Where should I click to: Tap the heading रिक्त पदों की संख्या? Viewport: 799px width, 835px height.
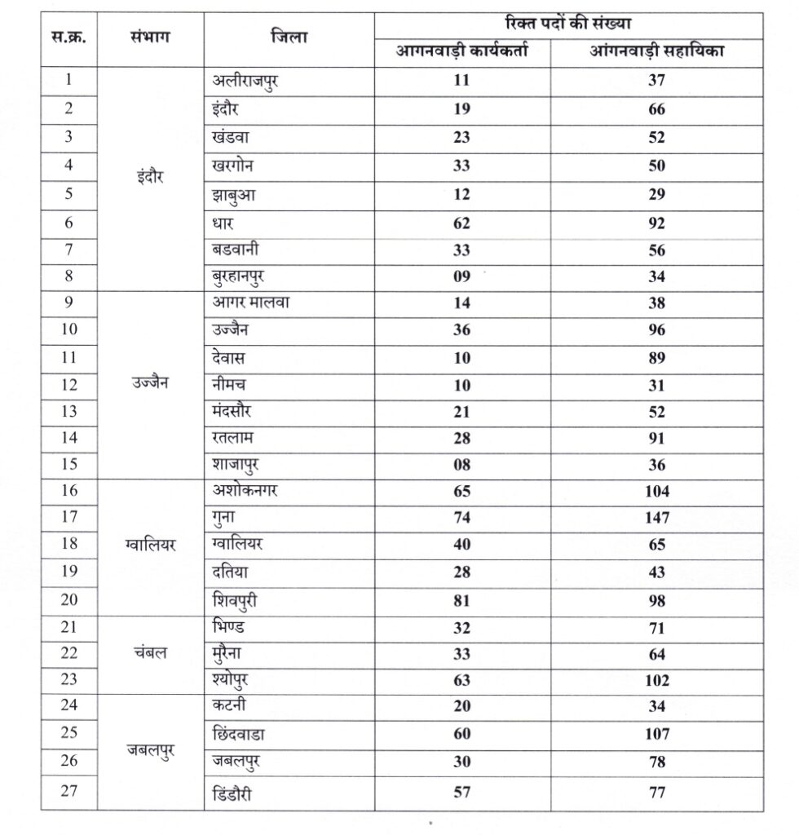569,24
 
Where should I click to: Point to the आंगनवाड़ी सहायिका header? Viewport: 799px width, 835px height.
657,51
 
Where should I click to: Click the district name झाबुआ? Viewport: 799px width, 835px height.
232,195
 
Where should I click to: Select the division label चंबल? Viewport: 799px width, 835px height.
150,654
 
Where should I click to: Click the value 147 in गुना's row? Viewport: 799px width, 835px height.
656,518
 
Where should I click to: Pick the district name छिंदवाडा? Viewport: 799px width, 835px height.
244,734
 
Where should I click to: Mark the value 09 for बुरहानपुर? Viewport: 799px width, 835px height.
462,276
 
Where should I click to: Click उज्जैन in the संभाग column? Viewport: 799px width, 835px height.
150,382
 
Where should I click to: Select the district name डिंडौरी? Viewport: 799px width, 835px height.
237,793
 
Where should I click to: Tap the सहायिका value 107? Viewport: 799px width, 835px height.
656,734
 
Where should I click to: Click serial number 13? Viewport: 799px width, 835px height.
68,412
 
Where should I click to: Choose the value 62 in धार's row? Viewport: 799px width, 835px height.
462,223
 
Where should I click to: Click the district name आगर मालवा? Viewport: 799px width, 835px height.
252,303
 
